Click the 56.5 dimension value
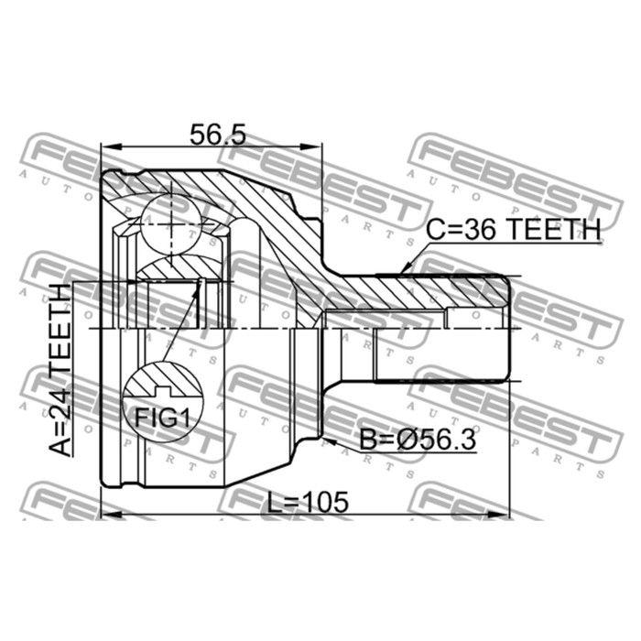pos(218,135)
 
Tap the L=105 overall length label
pos(308,502)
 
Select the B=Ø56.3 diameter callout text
pos(418,440)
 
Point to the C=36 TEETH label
pos(513,229)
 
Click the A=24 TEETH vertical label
pos(60,370)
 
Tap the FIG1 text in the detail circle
pos(163,418)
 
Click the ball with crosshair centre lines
pos(171,224)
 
